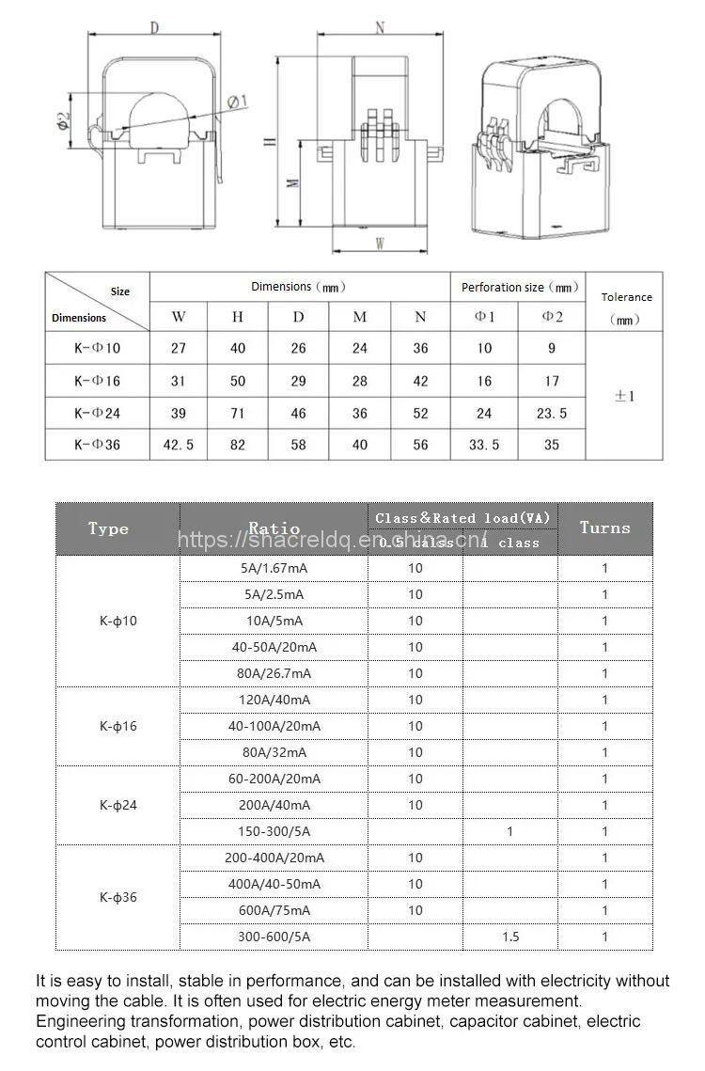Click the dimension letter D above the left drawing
coord(154,27)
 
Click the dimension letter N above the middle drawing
coord(381,27)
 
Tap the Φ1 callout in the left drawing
coord(237,102)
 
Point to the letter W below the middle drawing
coord(381,244)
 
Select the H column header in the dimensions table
coord(238,317)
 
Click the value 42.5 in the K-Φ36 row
coord(179,445)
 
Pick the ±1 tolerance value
coord(624,396)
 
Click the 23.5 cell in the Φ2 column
coord(552,413)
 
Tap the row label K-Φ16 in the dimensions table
coord(98,381)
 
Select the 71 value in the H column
coord(238,413)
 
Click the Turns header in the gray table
coord(604,528)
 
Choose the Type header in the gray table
coord(108,528)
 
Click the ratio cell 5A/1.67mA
coord(273,568)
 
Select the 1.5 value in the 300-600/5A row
coord(509,937)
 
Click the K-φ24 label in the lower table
coord(117,805)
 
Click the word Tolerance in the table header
coord(626,297)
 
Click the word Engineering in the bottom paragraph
coord(80,1021)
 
